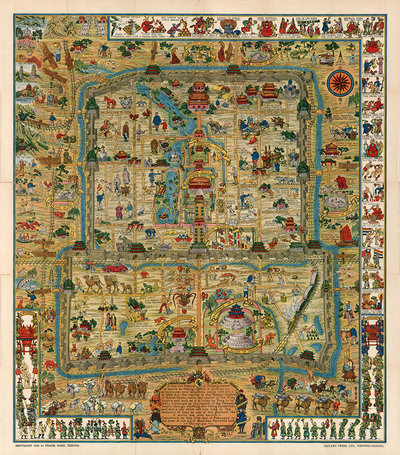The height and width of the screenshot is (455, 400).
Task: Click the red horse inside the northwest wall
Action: click(109, 101)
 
